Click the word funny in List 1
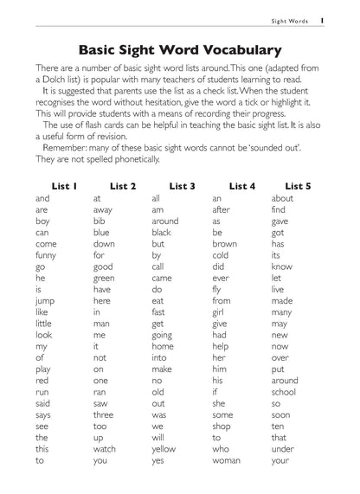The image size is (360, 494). [x=46, y=255]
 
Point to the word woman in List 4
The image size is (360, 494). [x=226, y=459]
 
